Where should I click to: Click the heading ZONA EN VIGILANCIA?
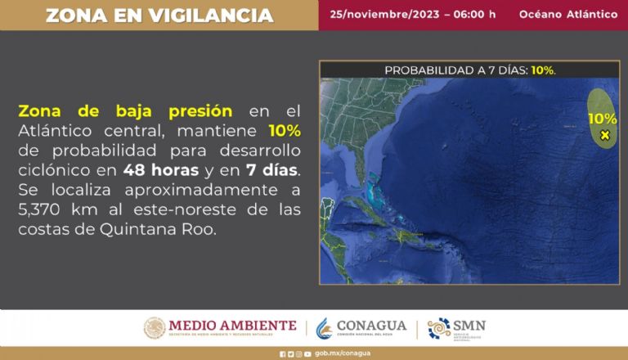coord(159,15)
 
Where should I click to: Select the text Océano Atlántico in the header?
coord(568,15)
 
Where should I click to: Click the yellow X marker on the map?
coord(605,135)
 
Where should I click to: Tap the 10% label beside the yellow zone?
coord(603,119)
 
